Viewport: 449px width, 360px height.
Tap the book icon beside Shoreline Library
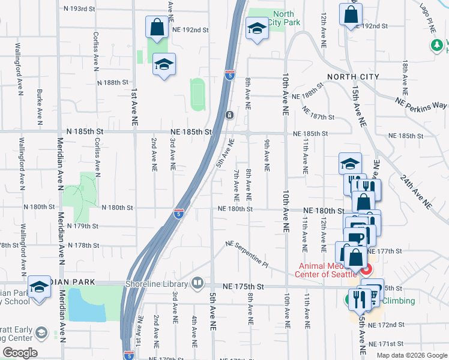(x=198, y=283)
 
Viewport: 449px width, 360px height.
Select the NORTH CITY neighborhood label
(x=353, y=77)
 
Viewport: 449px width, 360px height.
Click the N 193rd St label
(x=79, y=9)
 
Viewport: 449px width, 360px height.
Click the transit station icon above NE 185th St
(x=229, y=115)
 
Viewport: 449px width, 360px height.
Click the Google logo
(x=20, y=352)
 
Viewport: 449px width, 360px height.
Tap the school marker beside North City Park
(x=256, y=28)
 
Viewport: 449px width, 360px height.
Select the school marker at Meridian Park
(x=40, y=286)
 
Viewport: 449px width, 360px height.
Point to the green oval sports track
(x=197, y=94)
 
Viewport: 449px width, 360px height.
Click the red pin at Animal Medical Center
(x=365, y=269)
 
